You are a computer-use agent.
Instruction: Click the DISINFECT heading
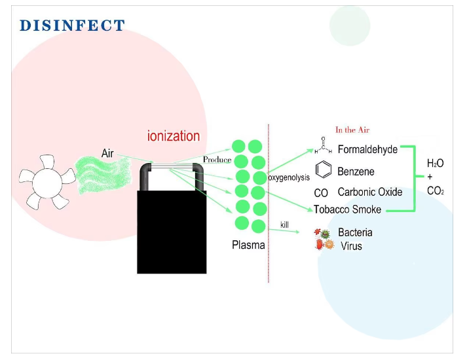point(72,25)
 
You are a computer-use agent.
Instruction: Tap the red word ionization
point(174,136)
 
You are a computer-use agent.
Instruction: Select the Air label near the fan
point(107,153)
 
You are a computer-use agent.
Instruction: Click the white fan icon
point(47,182)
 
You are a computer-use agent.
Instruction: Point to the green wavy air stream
point(103,175)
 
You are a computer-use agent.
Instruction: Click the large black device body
point(172,232)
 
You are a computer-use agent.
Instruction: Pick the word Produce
point(217,160)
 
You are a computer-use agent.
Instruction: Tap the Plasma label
point(248,245)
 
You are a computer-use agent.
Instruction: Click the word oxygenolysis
point(289,177)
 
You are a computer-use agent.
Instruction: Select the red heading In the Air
point(352,130)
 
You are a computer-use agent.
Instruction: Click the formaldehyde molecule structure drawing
point(323,145)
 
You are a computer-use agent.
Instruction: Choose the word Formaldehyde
point(367,149)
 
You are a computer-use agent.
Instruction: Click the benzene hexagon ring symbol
point(324,170)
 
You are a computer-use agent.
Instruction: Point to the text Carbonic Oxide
point(370,192)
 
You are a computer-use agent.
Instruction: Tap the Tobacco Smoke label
point(348,209)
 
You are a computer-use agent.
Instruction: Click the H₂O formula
point(435,163)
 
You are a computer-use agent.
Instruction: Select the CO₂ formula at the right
point(436,190)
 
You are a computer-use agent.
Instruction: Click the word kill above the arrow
point(284,225)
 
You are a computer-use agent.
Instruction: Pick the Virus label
point(352,246)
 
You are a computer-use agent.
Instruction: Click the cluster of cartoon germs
point(324,239)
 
